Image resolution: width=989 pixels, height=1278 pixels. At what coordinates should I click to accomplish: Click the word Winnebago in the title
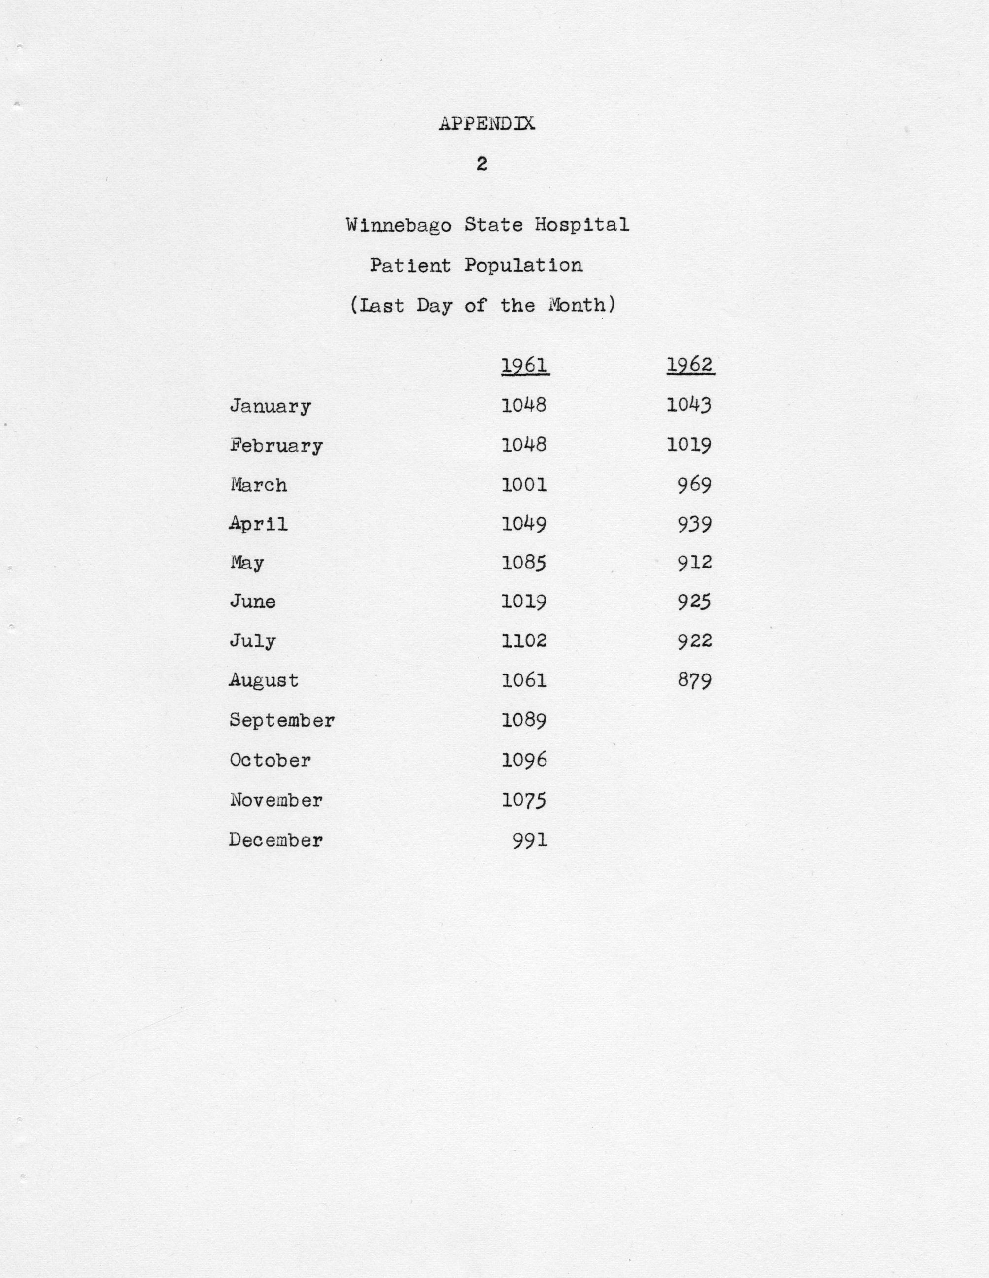[398, 225]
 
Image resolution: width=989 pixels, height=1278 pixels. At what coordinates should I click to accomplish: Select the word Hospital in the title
[581, 225]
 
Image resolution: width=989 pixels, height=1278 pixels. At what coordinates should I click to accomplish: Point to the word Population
[523, 266]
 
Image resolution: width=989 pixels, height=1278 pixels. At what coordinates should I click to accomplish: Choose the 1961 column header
[525, 366]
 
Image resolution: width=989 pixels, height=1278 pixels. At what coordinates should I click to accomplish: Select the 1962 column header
[690, 365]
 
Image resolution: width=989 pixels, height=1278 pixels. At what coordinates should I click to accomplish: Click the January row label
[270, 406]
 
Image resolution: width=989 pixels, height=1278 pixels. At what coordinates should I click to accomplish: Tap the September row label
[282, 720]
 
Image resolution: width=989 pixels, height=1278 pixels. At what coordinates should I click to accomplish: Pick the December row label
[275, 840]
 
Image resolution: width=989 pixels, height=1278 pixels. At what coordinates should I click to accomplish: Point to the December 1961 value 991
[530, 840]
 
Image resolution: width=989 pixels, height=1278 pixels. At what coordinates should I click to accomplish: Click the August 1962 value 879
[695, 680]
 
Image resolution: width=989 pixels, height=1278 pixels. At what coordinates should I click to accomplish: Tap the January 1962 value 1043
[689, 405]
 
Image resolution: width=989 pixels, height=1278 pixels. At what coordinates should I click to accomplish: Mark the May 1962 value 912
[695, 563]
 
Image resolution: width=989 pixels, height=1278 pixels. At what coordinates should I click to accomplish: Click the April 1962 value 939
[695, 524]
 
